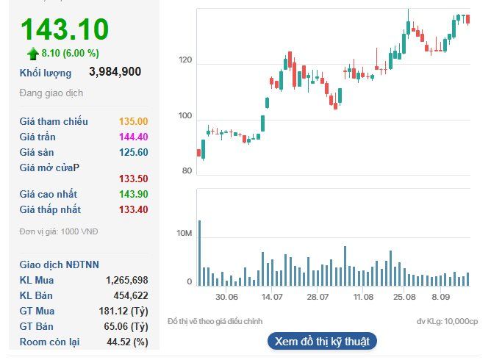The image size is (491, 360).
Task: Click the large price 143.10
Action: point(65,29)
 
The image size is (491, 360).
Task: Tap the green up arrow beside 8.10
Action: point(32,53)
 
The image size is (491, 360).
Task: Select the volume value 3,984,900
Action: point(115,72)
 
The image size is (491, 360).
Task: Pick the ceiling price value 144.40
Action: point(133,137)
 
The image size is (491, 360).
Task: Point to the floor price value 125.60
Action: point(133,153)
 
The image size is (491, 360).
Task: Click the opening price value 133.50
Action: point(133,179)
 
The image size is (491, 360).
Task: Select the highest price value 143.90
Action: point(133,194)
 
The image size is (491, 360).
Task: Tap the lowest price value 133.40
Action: point(133,209)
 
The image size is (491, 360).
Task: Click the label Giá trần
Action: point(38,137)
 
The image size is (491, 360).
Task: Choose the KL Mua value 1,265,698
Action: point(127,280)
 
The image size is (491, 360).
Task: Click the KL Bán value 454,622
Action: point(131,295)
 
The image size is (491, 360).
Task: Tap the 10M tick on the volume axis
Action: point(184,234)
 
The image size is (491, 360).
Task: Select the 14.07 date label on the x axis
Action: point(272,297)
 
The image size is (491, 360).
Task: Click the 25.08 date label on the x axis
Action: point(404,297)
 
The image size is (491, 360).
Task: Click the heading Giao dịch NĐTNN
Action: point(60,264)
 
